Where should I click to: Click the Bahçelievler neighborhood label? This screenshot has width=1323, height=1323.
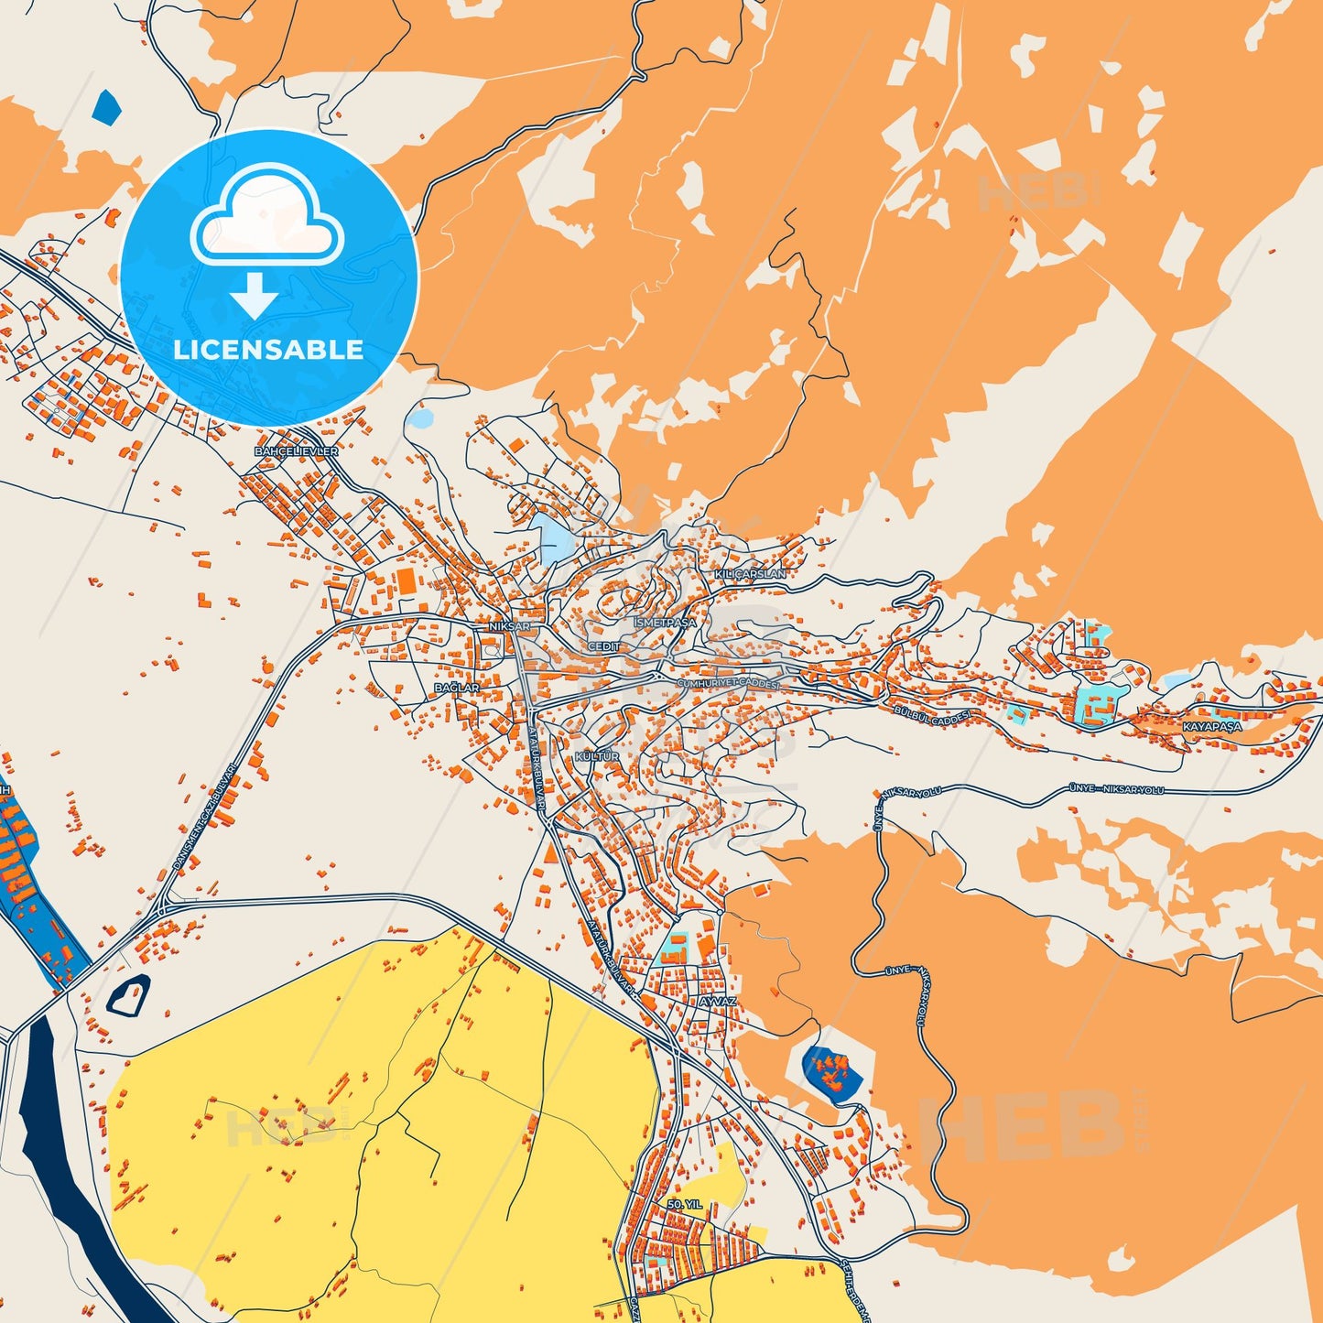click(296, 451)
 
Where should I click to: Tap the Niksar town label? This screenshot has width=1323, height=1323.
click(510, 626)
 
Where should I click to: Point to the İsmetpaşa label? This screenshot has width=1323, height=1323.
click(665, 623)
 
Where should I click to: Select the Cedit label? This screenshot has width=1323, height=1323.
click(604, 646)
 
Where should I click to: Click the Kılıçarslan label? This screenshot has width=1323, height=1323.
click(750, 574)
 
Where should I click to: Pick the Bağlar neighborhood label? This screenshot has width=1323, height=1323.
click(457, 688)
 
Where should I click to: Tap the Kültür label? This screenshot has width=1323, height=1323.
click(597, 757)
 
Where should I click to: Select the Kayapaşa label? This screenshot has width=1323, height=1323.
click(1212, 726)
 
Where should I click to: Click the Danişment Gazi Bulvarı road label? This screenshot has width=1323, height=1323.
click(204, 818)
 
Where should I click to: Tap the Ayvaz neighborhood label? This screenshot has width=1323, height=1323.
click(717, 1002)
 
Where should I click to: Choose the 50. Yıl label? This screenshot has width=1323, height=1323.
click(685, 1204)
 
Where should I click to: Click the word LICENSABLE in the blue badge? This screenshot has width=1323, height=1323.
click(268, 349)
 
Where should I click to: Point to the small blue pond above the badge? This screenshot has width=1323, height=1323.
click(106, 107)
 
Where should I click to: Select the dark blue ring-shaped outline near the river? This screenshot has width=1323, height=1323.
click(129, 995)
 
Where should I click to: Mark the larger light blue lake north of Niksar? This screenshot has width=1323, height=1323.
click(552, 539)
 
